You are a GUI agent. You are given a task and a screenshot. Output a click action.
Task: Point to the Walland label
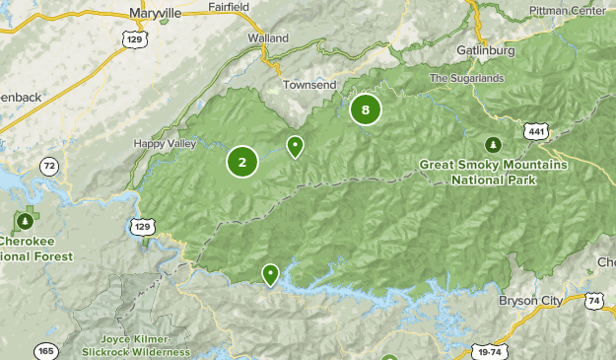[268, 37]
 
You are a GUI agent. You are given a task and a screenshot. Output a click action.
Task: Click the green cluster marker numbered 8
[366, 109]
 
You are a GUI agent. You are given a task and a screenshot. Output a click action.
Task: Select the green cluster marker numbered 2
[242, 162]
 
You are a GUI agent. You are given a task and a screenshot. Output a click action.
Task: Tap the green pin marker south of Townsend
[295, 146]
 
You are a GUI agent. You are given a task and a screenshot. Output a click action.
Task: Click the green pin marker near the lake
[270, 274]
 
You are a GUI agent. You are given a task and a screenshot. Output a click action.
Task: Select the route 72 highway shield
[49, 168]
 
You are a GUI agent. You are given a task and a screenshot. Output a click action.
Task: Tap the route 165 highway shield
[44, 350]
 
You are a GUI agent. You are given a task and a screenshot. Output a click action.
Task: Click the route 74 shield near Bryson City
[592, 300]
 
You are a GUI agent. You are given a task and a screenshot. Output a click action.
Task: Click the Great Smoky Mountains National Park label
[493, 173]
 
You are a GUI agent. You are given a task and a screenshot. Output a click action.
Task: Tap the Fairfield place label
[229, 6]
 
